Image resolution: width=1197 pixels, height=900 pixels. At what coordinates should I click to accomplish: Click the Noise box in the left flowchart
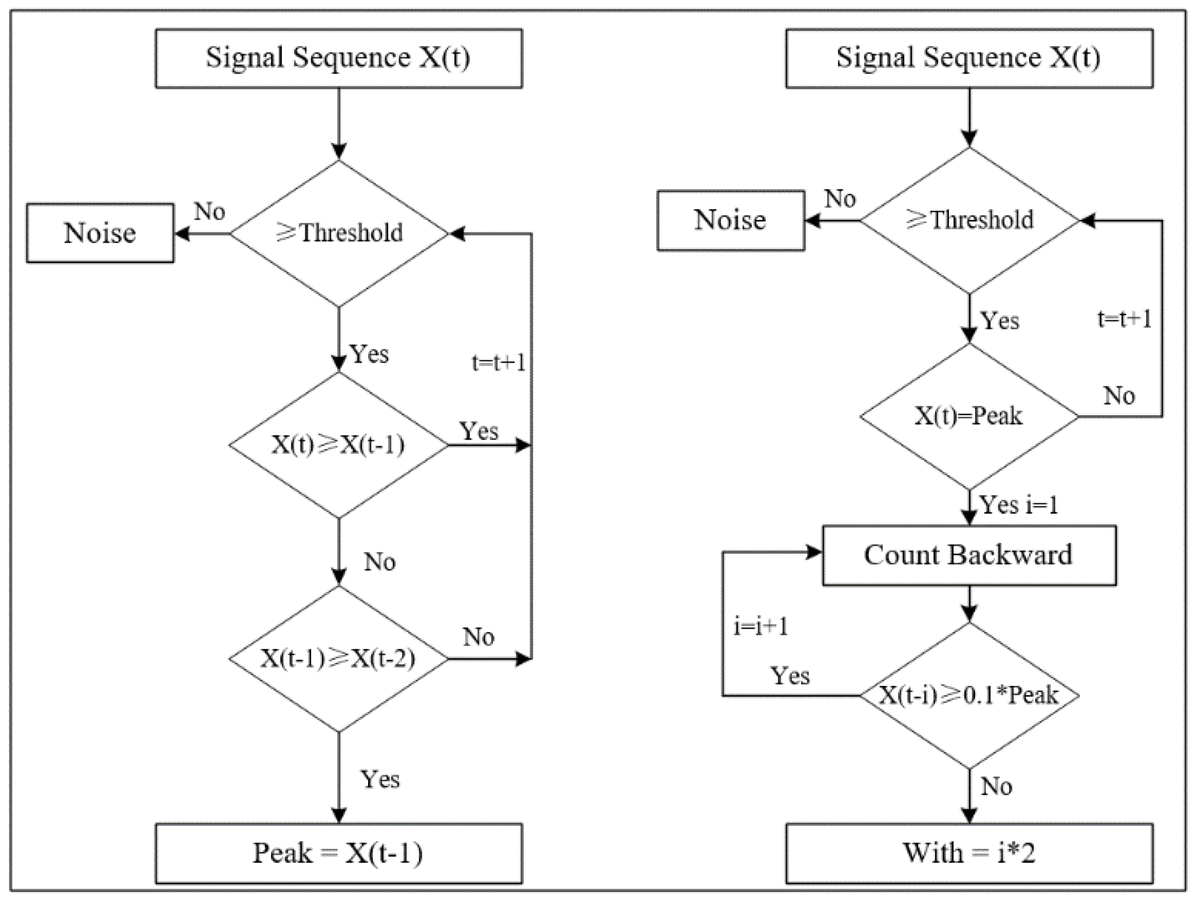100,233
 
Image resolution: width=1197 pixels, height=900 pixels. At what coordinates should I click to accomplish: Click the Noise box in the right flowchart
730,220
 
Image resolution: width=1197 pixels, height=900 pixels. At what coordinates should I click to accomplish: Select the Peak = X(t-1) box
338,853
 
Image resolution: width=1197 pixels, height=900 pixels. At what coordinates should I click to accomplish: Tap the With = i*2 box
969,853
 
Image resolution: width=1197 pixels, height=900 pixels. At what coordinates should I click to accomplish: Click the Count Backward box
969,555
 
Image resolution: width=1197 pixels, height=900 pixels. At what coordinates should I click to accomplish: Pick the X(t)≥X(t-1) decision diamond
338,445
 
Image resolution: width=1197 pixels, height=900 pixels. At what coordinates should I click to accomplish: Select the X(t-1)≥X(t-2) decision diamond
338,659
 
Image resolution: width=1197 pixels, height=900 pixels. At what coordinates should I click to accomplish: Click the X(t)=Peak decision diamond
969,416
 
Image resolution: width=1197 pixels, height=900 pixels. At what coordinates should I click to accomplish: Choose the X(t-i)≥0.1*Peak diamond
969,695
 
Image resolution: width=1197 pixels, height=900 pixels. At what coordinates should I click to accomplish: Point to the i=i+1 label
761,627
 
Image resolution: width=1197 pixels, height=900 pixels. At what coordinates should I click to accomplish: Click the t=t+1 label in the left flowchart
498,362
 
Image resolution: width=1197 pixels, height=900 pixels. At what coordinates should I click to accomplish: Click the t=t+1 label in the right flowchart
1124,319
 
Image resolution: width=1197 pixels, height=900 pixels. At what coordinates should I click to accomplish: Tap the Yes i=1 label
1019,505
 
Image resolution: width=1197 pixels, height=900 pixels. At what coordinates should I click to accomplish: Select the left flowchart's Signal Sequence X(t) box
338,58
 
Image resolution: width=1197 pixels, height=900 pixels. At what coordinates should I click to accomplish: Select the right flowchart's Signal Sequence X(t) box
969,58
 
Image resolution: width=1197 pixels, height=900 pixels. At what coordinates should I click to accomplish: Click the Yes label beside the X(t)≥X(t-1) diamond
479,431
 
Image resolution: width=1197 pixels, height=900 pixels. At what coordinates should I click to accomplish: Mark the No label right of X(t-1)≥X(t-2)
478,637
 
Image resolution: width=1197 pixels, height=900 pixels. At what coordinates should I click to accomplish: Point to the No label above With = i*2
996,786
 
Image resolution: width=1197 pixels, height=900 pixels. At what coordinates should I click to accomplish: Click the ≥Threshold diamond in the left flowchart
338,233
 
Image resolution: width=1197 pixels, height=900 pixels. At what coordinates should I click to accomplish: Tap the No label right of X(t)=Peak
1119,395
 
